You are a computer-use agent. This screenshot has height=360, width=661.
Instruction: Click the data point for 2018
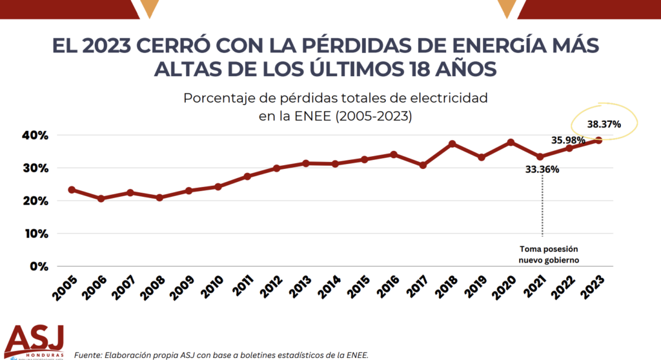453,144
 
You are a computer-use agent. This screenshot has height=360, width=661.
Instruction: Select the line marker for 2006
101,199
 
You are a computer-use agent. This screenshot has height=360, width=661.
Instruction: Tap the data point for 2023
598,140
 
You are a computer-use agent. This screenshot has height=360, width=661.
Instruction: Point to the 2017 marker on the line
423,165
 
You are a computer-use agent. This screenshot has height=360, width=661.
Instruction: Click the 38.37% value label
604,124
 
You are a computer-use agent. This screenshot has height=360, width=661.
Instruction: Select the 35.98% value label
567,139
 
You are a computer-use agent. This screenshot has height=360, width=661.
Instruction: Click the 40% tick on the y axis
35,135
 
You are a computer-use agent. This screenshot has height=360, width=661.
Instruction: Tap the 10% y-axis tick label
35,234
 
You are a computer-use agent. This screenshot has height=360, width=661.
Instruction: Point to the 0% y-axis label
38,266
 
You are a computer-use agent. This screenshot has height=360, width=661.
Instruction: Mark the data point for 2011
247,176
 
